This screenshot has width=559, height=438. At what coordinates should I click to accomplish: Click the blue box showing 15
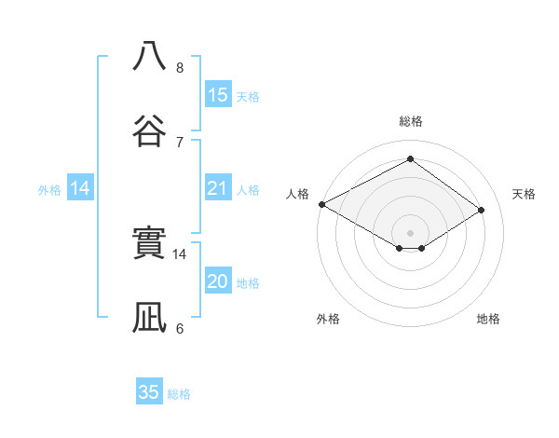tap(217, 95)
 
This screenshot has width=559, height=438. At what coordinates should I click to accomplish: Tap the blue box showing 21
tap(217, 188)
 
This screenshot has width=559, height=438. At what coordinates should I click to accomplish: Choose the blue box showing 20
tap(217, 281)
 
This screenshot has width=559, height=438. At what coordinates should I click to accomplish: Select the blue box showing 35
tap(149, 392)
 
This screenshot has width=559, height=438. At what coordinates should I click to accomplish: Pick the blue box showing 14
tap(80, 188)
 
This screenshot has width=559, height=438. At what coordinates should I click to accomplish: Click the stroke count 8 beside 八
tap(180, 68)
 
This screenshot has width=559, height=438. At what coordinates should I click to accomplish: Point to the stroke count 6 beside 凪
tap(180, 328)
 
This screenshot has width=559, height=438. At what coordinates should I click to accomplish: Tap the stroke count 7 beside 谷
tap(180, 142)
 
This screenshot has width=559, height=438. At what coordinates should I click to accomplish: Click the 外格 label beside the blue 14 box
tap(49, 189)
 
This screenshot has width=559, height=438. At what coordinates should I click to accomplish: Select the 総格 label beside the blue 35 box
tap(179, 393)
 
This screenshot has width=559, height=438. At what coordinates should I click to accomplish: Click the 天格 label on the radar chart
tap(524, 194)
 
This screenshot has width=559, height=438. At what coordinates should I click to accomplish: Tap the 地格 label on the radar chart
tap(488, 319)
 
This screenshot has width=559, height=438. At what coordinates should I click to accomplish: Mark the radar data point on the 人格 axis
tap(321, 203)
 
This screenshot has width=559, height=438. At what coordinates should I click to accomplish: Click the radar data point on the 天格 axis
tap(482, 210)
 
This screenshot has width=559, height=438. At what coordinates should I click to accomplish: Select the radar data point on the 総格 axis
tap(410, 158)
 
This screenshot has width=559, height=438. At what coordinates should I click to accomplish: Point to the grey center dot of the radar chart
tap(410, 232)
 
